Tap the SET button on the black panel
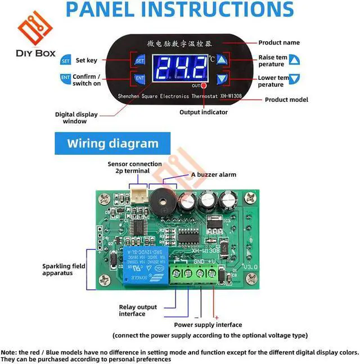point(140,60)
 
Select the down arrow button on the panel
point(222,79)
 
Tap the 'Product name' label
point(279,43)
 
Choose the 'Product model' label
point(286,100)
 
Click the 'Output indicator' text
point(204,112)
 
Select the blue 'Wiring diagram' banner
point(112,143)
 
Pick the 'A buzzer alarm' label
point(213,174)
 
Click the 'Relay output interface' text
point(138,311)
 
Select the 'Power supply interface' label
point(208,325)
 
